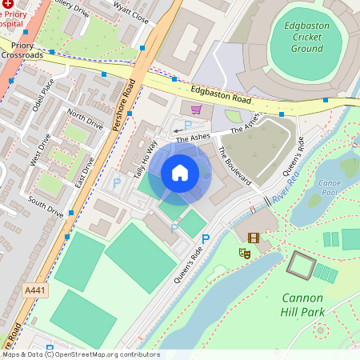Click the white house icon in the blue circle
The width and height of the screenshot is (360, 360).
click(x=180, y=172)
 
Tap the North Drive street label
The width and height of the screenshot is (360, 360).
click(x=85, y=120)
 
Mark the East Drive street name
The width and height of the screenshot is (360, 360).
click(x=83, y=173)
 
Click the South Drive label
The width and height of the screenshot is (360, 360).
click(x=46, y=206)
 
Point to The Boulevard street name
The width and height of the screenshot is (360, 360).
click(x=234, y=166)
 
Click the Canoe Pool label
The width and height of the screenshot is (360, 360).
click(x=330, y=187)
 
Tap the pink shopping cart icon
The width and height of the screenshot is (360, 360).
click(x=196, y=109)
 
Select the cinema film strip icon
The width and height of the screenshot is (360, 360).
click(x=254, y=238)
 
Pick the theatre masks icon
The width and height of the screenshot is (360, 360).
click(x=244, y=253)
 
